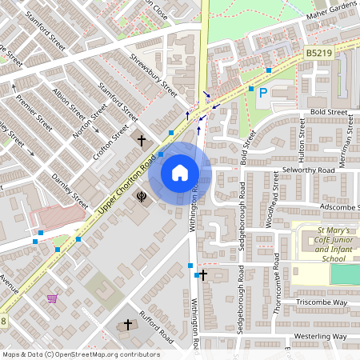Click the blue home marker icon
coord(180,173)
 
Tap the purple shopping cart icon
coord(52,298)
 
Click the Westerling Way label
coord(320,337)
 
